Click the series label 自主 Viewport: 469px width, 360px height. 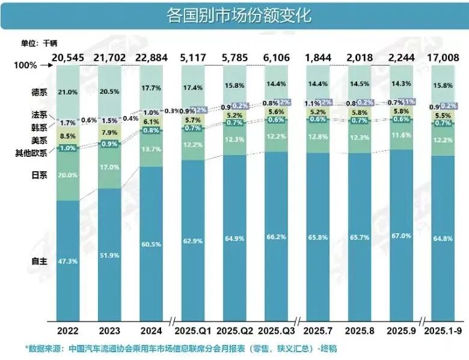[x=38, y=261]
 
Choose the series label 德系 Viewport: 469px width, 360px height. [x=39, y=92]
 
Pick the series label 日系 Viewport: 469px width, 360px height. [x=39, y=174]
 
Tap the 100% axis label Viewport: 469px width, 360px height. [x=26, y=65]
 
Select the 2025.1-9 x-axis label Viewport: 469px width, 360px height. [x=445, y=330]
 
